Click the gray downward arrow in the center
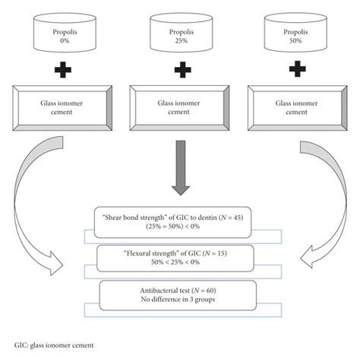pyautogui.click(x=180, y=167)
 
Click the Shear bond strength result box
pyautogui.click(x=180, y=220)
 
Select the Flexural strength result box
pyautogui.click(x=180, y=257)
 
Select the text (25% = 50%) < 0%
pyautogui.click(x=180, y=226)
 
